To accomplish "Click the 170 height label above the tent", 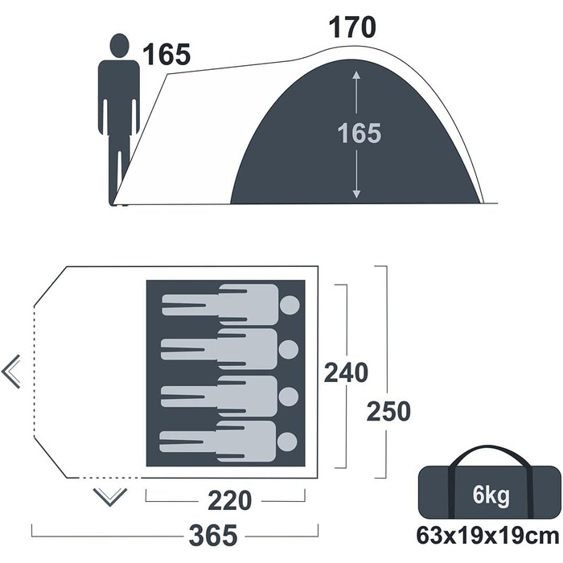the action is click(x=352, y=27).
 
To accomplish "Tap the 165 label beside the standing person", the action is click(x=166, y=55).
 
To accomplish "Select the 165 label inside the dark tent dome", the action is click(x=359, y=134).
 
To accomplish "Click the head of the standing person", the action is click(x=119, y=46).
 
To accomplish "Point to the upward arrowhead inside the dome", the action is click(x=356, y=75).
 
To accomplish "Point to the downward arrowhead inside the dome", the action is click(x=356, y=195).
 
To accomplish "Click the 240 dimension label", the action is click(x=346, y=372).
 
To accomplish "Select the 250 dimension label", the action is click(x=388, y=412).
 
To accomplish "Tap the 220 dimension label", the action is click(x=230, y=500).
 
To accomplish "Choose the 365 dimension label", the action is click(x=213, y=535).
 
